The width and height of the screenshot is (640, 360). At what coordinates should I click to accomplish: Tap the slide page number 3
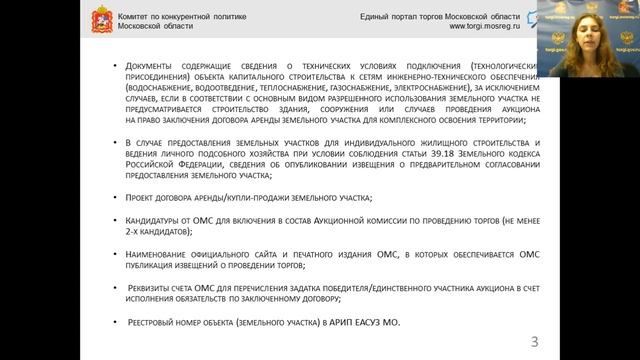tap(534, 342)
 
